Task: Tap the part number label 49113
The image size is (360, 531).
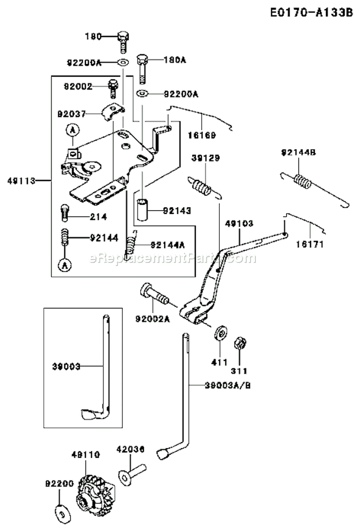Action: pyautogui.click(x=18, y=181)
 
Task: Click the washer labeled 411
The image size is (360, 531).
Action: pyautogui.click(x=221, y=333)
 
